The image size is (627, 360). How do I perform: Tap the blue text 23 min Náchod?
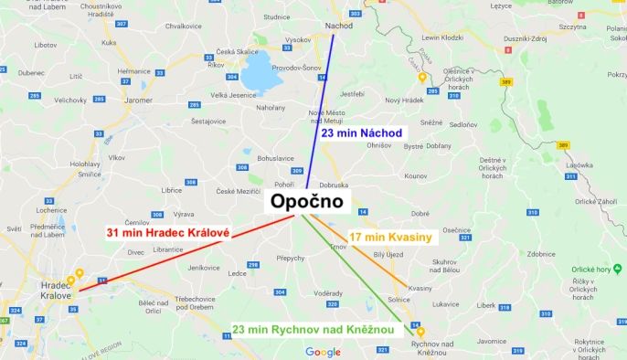[x=362, y=133]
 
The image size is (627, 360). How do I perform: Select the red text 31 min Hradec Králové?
[x=167, y=232]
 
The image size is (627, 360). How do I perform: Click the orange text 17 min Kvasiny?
[x=390, y=237]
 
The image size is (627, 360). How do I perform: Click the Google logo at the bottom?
[x=323, y=352]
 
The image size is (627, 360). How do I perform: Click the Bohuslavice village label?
[x=250, y=157]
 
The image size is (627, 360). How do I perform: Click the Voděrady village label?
[x=327, y=292]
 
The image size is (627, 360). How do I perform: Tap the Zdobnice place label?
[x=542, y=254]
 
